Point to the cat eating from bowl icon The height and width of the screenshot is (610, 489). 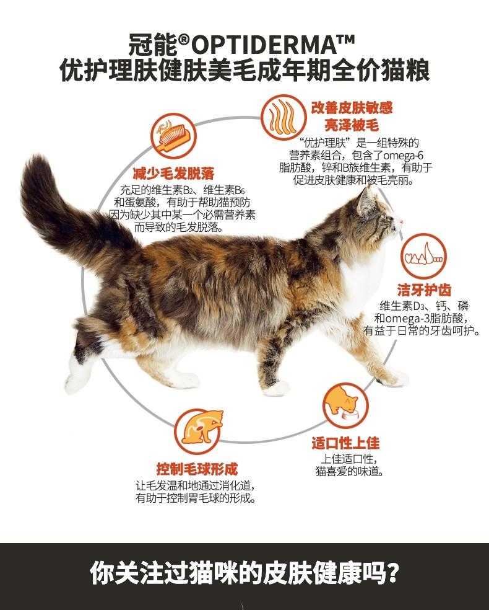tap(345, 406)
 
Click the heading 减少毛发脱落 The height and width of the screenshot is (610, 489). tap(173, 173)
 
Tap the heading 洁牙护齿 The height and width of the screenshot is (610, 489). tap(424, 290)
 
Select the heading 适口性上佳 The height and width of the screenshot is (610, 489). tap(345, 443)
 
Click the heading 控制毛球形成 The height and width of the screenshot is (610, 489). tap(197, 469)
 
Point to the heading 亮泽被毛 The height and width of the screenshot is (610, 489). tap(352, 125)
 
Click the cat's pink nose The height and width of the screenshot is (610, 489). tap(402, 223)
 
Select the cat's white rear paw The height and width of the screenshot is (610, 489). tap(77, 373)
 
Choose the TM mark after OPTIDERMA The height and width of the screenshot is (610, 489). tap(347, 40)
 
